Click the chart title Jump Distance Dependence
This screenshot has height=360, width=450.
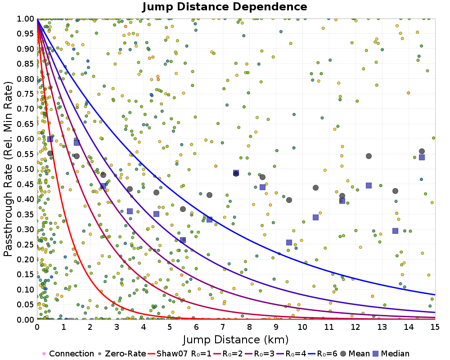(x=225, y=7)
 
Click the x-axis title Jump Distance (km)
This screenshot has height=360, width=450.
(x=236, y=339)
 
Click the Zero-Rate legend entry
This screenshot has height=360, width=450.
(x=121, y=354)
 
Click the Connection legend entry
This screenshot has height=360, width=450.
(x=68, y=354)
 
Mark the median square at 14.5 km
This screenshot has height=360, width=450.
(x=422, y=157)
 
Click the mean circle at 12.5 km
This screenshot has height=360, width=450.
(x=369, y=156)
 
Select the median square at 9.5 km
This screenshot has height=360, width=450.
(x=289, y=243)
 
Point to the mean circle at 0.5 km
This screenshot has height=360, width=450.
(x=50, y=153)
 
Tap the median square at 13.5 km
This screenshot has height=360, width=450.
(x=395, y=231)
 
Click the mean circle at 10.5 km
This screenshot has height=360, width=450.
(x=315, y=188)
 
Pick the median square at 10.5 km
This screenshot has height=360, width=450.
(x=315, y=217)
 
